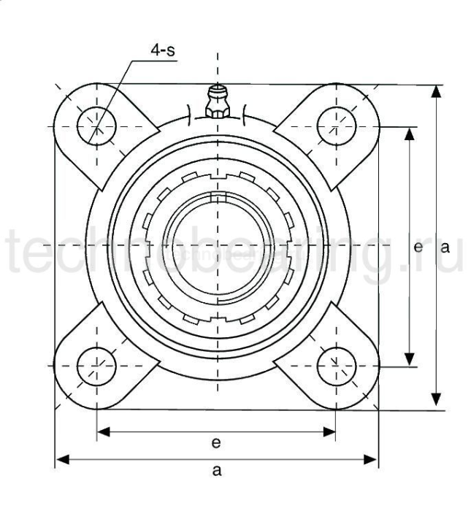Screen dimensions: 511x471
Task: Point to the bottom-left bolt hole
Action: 96,364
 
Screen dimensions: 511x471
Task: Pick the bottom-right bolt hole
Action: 337,364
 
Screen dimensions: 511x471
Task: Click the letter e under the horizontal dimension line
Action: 216,443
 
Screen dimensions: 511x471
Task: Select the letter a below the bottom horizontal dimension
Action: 216,471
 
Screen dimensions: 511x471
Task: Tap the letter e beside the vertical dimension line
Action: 418,247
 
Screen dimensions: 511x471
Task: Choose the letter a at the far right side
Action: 444,247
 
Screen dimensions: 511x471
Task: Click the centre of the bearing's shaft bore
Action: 217,245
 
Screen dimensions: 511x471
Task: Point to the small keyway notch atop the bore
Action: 217,196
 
